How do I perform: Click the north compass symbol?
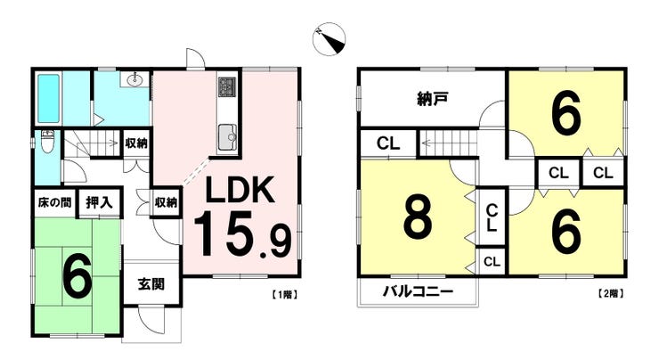329,39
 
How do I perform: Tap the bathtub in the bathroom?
48,98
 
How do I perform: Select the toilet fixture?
47,143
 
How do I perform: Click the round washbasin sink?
135,78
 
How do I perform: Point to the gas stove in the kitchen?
228,87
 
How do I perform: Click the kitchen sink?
227,137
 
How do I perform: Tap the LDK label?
240,190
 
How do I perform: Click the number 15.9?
242,233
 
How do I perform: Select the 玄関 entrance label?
151,285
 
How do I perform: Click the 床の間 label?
54,202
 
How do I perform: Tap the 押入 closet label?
100,202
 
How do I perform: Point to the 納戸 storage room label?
433,99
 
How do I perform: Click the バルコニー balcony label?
419,291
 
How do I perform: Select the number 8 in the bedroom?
418,218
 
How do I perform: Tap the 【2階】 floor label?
610,294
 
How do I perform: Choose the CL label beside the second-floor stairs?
388,143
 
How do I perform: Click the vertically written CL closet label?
492,217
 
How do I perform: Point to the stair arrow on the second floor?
449,143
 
